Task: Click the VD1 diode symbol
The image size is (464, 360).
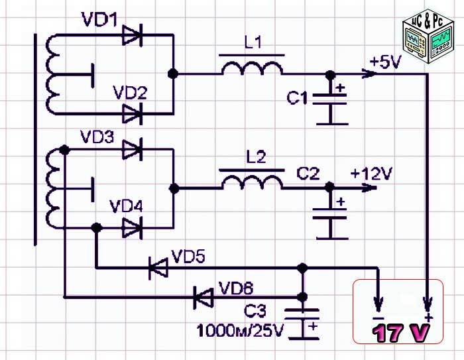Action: point(133,36)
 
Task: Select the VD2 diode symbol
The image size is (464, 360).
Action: point(133,114)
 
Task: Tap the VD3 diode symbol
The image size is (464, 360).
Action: point(133,150)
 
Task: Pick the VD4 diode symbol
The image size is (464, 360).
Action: point(133,228)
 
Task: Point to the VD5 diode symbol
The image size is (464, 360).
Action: point(158,268)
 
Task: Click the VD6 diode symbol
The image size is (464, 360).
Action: point(203,296)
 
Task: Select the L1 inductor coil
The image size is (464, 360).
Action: point(251,68)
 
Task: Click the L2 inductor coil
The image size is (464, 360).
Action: point(251,183)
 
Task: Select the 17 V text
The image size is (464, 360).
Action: point(398,333)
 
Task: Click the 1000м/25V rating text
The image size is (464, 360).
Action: point(239,328)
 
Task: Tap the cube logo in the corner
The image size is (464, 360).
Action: point(428,38)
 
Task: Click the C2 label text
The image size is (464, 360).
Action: point(308,174)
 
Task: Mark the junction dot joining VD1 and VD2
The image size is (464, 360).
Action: point(173,75)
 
